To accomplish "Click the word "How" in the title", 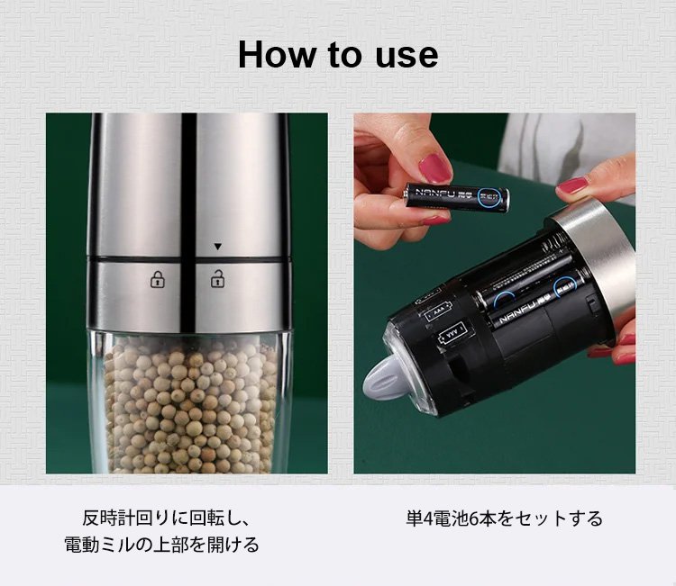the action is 277,55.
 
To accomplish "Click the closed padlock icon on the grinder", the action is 158,279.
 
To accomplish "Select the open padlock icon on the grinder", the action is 218,278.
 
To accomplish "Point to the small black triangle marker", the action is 218,247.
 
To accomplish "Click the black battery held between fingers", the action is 457,196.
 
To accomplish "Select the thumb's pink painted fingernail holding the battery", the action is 434,167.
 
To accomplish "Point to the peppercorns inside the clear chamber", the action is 189,405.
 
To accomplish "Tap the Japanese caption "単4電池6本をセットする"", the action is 504,518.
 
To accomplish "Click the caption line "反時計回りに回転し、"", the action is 167,518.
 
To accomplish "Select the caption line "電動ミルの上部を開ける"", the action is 161,545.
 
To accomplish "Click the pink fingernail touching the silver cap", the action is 573,185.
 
